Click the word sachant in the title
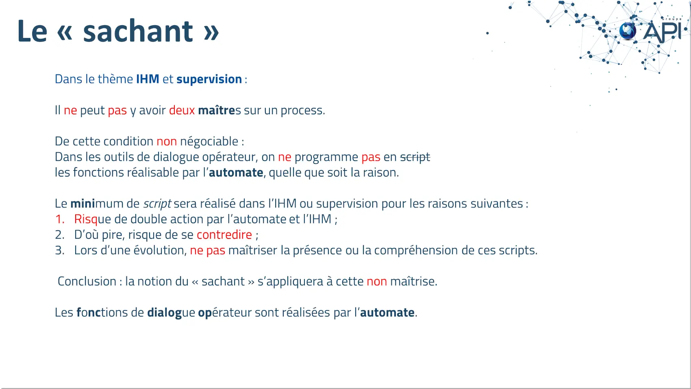[x=138, y=31]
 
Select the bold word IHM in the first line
[x=148, y=79]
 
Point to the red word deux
[x=182, y=110]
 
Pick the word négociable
[x=209, y=142]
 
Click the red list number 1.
[x=59, y=219]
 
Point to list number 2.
[x=60, y=235]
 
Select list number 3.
[x=60, y=250]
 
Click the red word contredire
[x=224, y=235]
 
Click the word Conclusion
[x=87, y=281]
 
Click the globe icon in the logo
[x=628, y=31]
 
